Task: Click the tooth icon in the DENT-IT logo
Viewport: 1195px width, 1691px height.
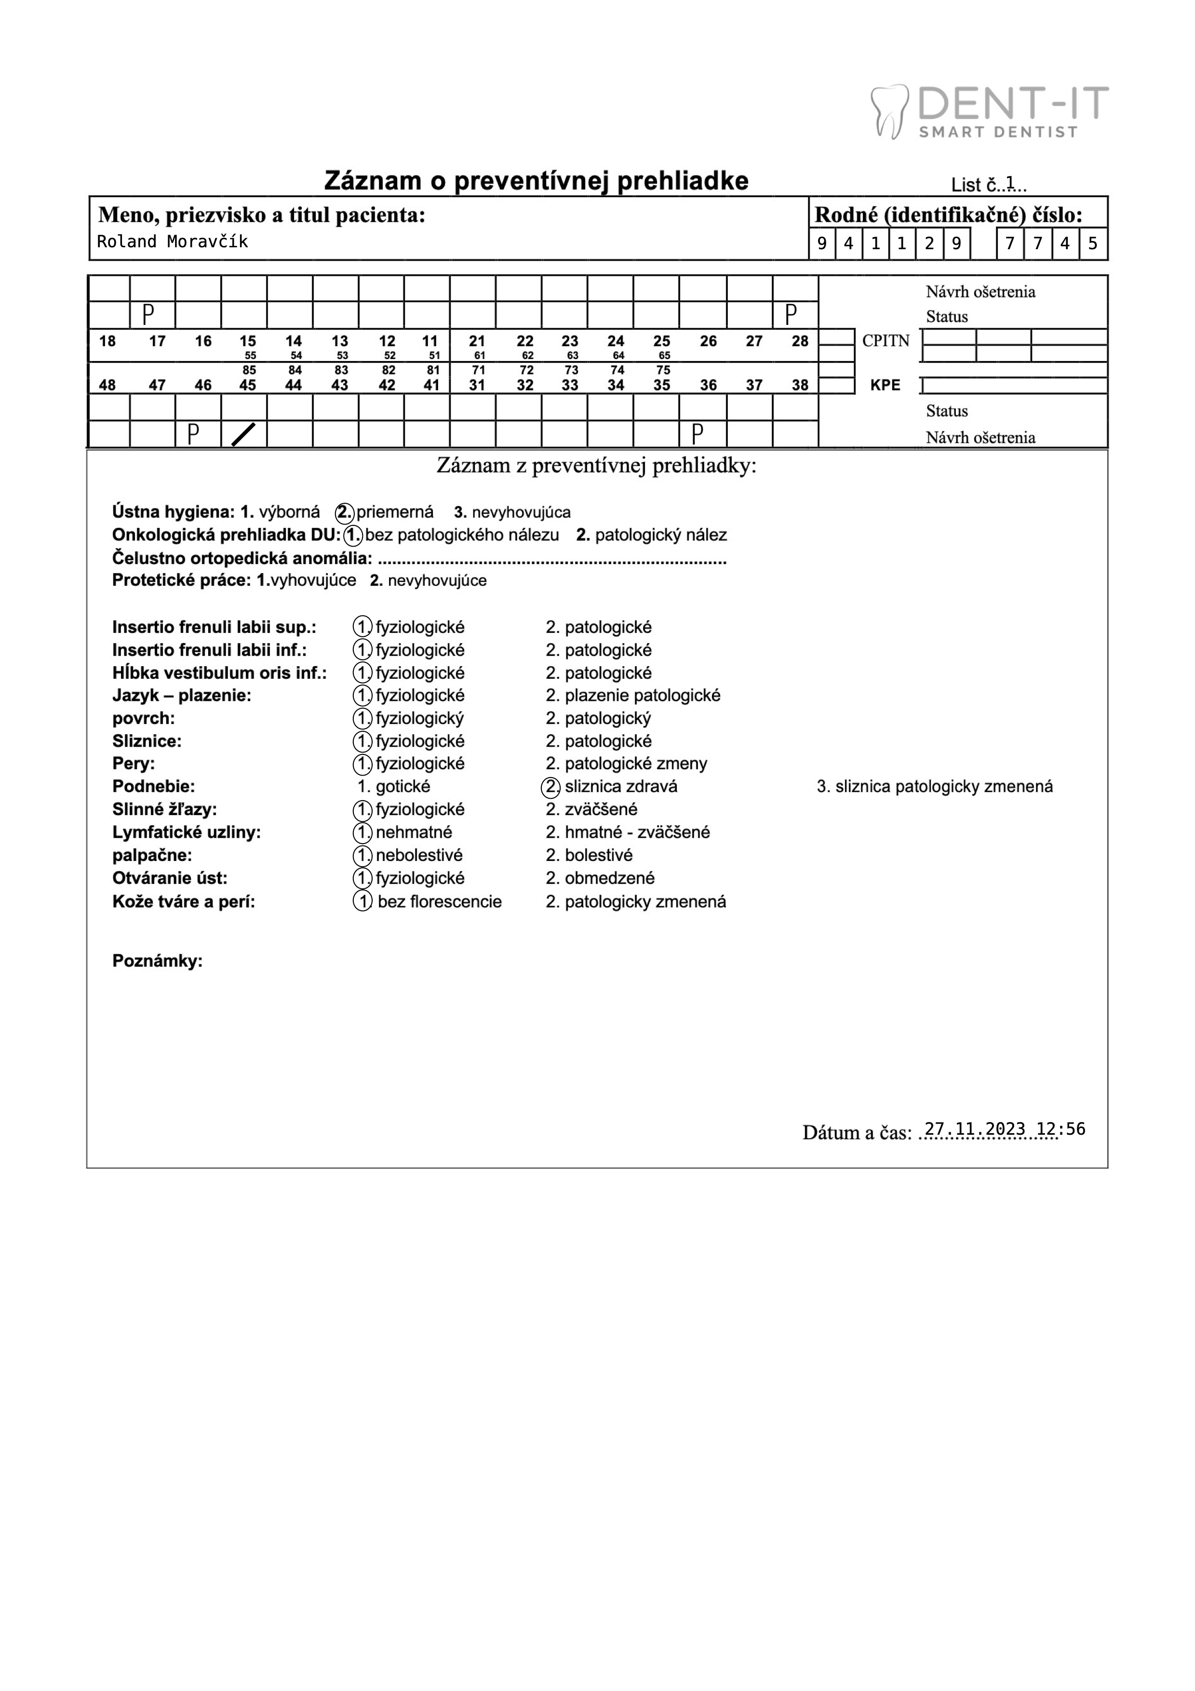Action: (x=889, y=111)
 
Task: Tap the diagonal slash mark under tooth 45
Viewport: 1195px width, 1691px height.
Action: (x=244, y=434)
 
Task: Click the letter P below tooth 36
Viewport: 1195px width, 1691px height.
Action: (x=697, y=434)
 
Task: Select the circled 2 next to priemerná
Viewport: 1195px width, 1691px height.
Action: (x=345, y=512)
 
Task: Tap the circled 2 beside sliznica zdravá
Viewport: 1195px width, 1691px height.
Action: (x=551, y=787)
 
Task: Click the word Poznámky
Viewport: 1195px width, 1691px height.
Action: (x=157, y=961)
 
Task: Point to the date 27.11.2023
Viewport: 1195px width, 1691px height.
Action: (x=974, y=1129)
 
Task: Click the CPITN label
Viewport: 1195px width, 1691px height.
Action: (x=886, y=341)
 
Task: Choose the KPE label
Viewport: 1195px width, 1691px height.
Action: (x=885, y=385)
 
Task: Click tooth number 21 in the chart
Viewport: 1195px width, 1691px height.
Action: (x=477, y=341)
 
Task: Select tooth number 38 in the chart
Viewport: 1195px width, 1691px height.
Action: (x=800, y=385)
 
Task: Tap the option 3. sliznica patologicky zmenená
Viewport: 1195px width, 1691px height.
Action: (x=934, y=787)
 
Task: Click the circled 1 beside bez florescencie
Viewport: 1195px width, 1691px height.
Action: (x=362, y=901)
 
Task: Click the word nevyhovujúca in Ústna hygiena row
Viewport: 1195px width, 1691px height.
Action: (x=521, y=512)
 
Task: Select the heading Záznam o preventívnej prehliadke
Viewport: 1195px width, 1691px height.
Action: (x=536, y=181)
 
